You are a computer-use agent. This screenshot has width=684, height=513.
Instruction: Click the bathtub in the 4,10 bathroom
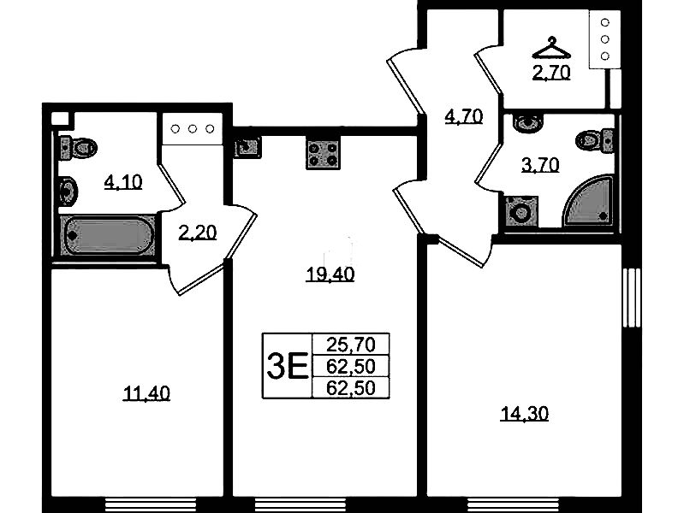pos(108,236)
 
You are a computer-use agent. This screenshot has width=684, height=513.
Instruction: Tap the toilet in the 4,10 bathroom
pos(78,147)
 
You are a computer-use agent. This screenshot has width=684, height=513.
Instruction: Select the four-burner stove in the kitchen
pos(323,155)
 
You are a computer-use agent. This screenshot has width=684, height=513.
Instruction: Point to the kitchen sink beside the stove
pos(247,147)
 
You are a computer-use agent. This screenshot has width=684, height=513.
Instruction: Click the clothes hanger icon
pos(551,48)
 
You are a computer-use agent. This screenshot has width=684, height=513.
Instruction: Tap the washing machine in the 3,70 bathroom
pos(520,212)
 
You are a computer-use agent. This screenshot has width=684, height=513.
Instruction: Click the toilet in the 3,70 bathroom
pos(595,140)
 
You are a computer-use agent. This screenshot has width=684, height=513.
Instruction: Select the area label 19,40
pos(330,274)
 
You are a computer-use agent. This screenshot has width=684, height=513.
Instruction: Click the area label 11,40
pos(146,393)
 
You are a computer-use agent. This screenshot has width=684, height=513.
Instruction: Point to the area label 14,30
pos(524,414)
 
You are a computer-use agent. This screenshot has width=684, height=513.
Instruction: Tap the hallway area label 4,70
pos(464,116)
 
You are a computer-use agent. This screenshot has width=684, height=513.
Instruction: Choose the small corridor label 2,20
pos(197,233)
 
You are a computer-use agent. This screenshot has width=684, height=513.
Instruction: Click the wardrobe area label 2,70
pos(551,73)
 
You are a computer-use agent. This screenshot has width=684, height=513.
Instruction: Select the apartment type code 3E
pos(288,366)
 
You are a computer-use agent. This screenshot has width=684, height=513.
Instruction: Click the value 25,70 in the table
pos(351,345)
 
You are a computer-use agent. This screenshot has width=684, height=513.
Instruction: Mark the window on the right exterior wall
pos(631,298)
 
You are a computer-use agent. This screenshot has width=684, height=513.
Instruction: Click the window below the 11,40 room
pos(151,504)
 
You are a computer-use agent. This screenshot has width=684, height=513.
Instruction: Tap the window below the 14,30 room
pos(513,504)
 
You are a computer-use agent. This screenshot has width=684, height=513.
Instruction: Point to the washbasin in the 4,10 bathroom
pos(68,192)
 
